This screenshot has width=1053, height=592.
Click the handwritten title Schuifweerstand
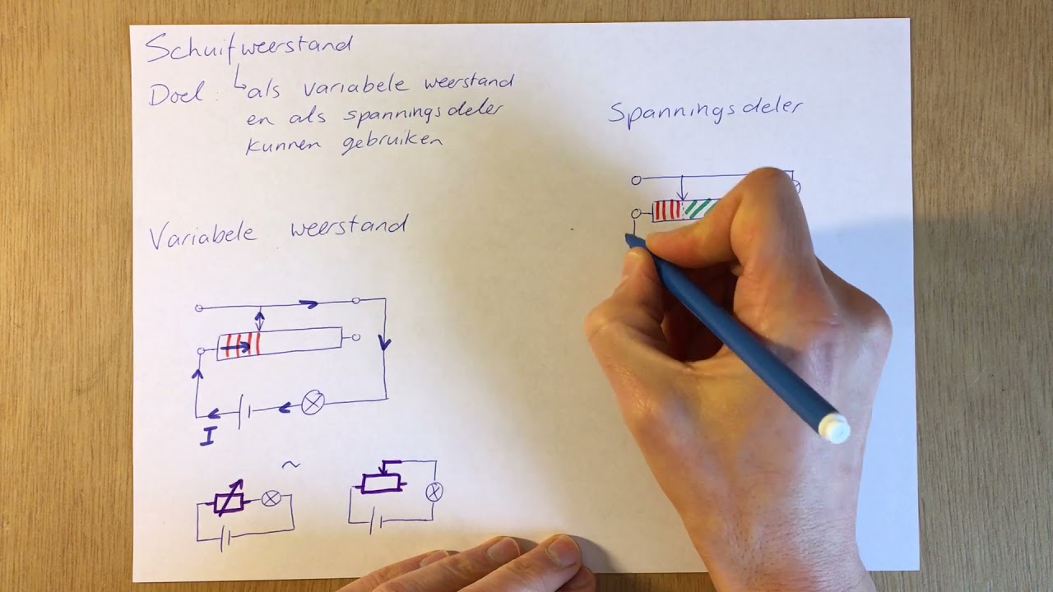click(x=248, y=48)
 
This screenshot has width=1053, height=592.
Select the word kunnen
click(x=283, y=145)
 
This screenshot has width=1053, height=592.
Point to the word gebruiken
click(x=391, y=142)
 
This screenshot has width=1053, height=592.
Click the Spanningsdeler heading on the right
click(x=705, y=113)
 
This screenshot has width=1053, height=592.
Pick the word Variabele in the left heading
click(x=203, y=235)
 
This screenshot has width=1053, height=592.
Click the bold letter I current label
click(x=207, y=437)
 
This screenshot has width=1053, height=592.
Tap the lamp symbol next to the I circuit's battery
click(x=313, y=403)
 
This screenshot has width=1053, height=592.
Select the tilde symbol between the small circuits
click(x=291, y=465)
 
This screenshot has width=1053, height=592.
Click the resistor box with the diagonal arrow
click(x=229, y=501)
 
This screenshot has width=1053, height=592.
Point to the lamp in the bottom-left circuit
click(x=271, y=498)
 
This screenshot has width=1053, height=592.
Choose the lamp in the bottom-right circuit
click(x=434, y=492)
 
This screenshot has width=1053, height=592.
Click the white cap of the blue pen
click(x=834, y=428)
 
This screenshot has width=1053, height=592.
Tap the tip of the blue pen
click(x=629, y=239)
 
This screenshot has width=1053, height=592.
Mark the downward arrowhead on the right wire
click(x=385, y=343)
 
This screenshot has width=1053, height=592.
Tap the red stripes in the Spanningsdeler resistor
click(x=667, y=210)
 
